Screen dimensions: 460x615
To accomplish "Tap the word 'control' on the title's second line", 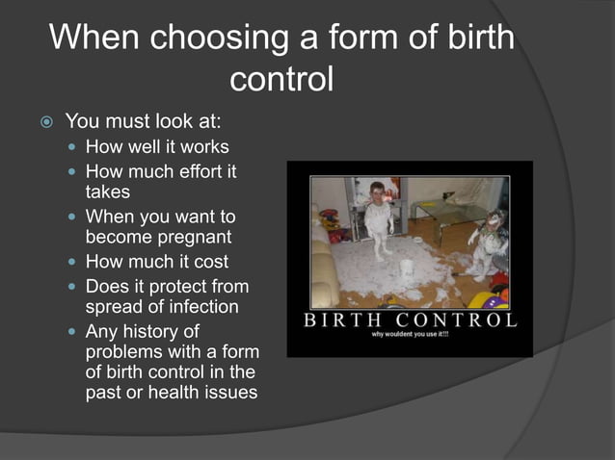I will [281, 79].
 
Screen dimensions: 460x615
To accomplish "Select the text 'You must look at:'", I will [143, 121].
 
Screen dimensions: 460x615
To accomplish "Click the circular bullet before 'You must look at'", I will [45, 122].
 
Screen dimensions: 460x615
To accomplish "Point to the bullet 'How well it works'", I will [157, 147].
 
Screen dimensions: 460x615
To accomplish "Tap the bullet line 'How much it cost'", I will [157, 262].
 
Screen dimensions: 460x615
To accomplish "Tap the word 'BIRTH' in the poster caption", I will [346, 320].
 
